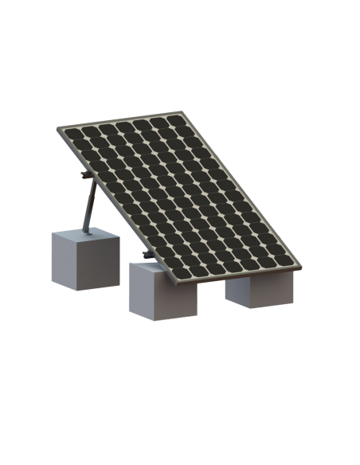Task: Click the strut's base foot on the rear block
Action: (84, 231)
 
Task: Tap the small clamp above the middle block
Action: (145, 255)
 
